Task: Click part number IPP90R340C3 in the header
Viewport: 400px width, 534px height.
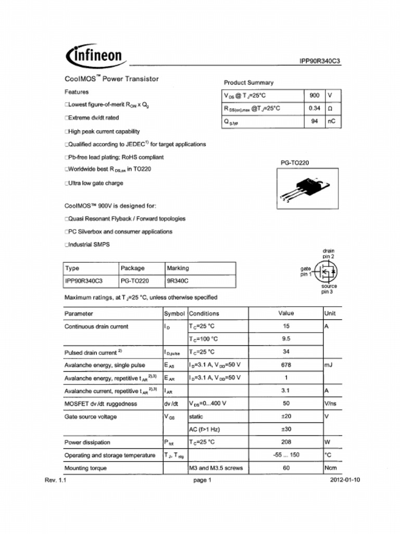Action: pyautogui.click(x=320, y=61)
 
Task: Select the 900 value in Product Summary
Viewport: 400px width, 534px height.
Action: pyautogui.click(x=314, y=96)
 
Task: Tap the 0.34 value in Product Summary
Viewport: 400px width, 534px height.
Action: pyautogui.click(x=314, y=108)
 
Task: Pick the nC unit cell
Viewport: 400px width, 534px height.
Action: pyautogui.click(x=332, y=122)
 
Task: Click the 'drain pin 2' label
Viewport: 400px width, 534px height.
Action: pyautogui.click(x=329, y=253)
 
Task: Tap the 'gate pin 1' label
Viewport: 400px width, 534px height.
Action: pyautogui.click(x=306, y=271)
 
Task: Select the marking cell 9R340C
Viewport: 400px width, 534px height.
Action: pyautogui.click(x=177, y=281)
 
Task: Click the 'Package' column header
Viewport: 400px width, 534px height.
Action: pyautogui.click(x=132, y=268)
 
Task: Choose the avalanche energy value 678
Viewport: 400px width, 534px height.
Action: pyautogui.click(x=286, y=365)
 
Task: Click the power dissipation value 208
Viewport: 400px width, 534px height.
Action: pyautogui.click(x=286, y=442)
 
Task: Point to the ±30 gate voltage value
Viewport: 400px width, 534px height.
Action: pyautogui.click(x=286, y=429)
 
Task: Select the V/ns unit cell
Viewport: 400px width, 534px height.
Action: pyautogui.click(x=330, y=404)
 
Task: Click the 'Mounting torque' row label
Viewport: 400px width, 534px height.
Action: pyautogui.click(x=85, y=468)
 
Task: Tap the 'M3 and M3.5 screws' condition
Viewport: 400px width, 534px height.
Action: pyautogui.click(x=216, y=468)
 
